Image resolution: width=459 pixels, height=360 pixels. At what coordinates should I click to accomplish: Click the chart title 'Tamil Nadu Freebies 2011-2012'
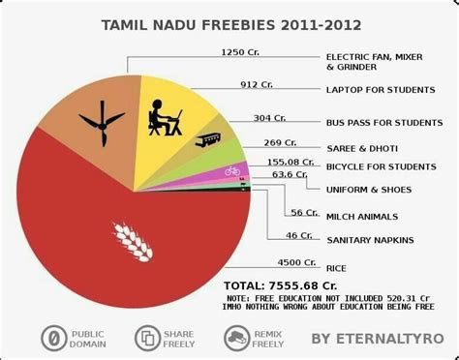229,23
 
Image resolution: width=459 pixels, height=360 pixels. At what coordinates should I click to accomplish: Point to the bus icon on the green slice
207,141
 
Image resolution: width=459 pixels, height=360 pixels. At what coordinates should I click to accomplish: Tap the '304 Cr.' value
269,118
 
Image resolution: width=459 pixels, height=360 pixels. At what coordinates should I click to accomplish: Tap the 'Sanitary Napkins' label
369,239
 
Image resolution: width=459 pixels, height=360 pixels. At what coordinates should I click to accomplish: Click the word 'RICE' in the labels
337,268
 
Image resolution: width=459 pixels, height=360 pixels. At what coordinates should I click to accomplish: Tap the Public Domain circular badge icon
54,338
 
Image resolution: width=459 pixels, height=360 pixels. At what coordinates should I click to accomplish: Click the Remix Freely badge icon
235,338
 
